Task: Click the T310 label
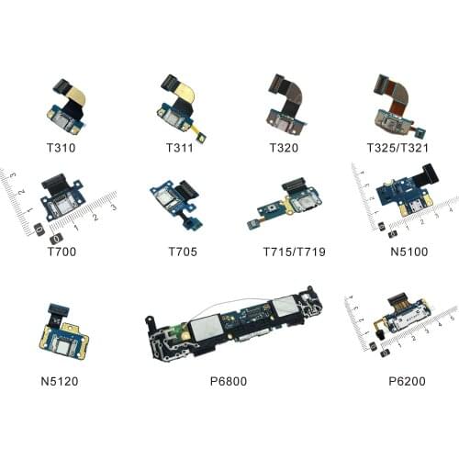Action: click(x=65, y=148)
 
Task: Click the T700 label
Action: click(x=65, y=249)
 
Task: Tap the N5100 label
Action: click(x=398, y=249)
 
